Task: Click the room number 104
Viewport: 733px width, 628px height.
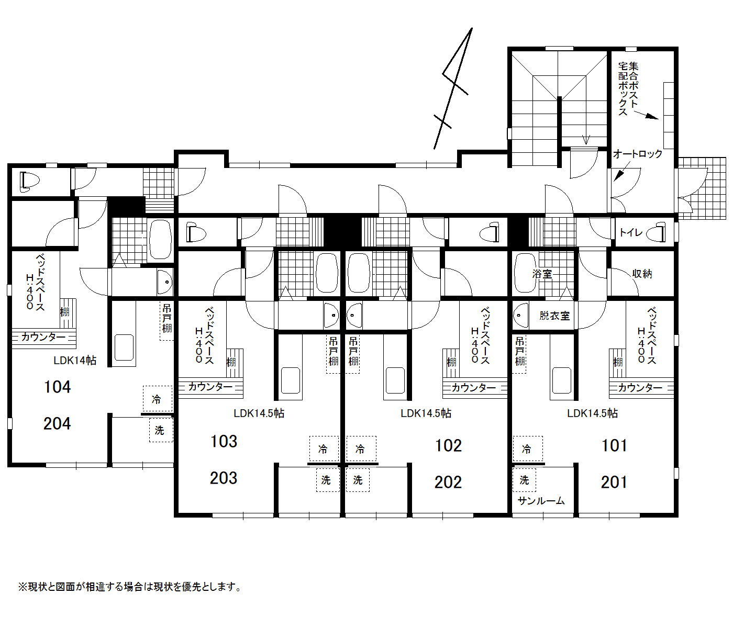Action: pyautogui.click(x=57, y=387)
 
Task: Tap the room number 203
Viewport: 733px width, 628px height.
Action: pyautogui.click(x=224, y=478)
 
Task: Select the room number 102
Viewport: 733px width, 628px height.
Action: pyautogui.click(x=448, y=445)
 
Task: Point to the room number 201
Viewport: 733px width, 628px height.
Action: pyautogui.click(x=614, y=483)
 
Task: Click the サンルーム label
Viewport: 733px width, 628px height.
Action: pyautogui.click(x=541, y=501)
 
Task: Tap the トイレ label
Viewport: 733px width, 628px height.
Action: pyautogui.click(x=631, y=232)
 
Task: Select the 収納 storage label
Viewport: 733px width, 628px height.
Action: pyautogui.click(x=642, y=274)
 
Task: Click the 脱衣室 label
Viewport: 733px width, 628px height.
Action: pyautogui.click(x=554, y=316)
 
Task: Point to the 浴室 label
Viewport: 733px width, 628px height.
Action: pyautogui.click(x=542, y=274)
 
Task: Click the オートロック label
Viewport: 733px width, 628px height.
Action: pyautogui.click(x=638, y=154)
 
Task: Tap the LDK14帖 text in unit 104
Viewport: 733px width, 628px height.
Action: pyautogui.click(x=75, y=361)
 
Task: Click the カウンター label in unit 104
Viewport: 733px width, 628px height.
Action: pyautogui.click(x=43, y=337)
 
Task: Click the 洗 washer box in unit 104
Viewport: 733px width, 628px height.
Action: pyautogui.click(x=161, y=430)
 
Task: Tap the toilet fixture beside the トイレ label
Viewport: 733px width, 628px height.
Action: pyautogui.click(x=657, y=232)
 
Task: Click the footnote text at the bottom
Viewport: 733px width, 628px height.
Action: pyautogui.click(x=130, y=587)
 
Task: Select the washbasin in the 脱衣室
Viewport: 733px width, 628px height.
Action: pyautogui.click(x=520, y=315)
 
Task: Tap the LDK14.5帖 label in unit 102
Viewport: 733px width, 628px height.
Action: pyautogui.click(x=426, y=413)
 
